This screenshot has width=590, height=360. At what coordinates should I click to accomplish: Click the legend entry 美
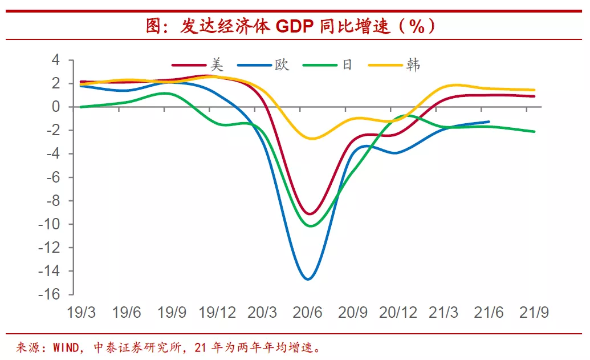click(x=216, y=65)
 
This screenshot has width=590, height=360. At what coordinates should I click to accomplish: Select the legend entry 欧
click(x=282, y=65)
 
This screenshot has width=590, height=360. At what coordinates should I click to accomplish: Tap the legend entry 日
click(x=347, y=65)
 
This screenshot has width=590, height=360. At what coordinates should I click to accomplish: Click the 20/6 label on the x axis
click(x=307, y=313)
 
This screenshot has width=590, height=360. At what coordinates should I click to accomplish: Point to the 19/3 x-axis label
click(x=81, y=313)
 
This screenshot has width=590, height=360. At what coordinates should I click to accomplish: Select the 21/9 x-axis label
click(x=534, y=313)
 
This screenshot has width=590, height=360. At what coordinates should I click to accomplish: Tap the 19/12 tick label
click(x=217, y=313)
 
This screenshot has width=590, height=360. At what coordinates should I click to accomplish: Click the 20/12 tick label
click(x=398, y=313)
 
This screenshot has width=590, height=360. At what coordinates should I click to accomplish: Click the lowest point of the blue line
click(x=308, y=279)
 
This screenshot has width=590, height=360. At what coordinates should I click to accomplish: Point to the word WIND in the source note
click(x=64, y=347)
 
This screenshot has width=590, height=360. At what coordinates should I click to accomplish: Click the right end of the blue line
click(x=489, y=122)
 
